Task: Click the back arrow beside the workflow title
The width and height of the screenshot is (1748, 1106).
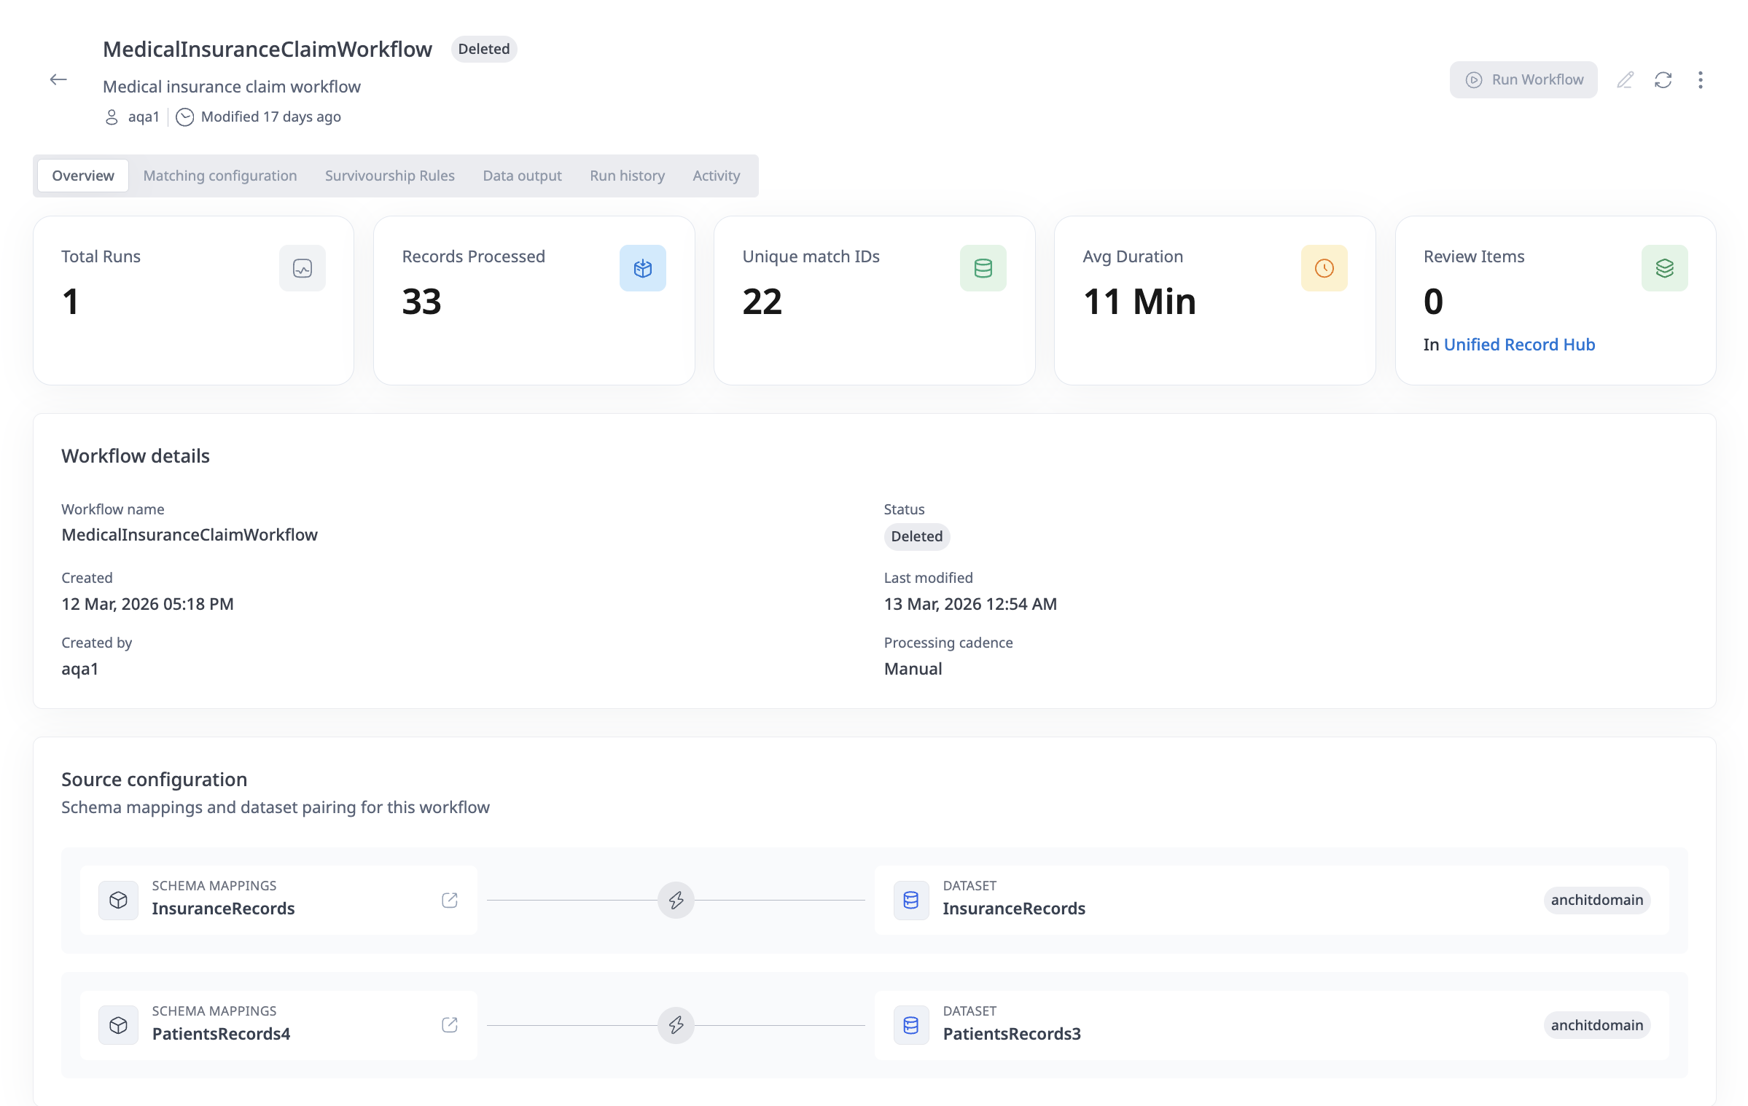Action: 58,79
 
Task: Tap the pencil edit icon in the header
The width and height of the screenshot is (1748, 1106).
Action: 1625,80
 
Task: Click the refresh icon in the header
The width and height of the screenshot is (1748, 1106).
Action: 1663,80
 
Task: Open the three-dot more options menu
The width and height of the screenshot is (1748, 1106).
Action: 1700,80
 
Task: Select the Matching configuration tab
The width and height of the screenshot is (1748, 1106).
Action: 219,176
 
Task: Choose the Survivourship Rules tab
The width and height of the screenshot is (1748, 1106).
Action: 389,176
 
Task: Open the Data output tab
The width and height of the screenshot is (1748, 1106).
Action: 522,176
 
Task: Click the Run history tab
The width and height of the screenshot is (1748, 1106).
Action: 627,176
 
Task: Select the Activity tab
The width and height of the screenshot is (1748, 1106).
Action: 716,176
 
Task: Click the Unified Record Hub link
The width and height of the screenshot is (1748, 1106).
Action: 1519,345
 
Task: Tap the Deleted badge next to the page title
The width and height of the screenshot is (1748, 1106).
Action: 483,50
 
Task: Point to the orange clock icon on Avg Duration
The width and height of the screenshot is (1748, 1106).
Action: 1324,268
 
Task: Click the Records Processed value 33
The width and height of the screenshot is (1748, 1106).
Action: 421,302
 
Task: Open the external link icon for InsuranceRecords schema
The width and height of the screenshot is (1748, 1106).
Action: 450,901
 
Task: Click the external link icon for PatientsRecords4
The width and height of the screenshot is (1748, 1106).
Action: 450,1026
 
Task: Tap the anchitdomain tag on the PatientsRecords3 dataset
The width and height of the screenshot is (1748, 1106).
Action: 1596,1026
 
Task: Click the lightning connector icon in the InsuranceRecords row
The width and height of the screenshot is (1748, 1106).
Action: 676,901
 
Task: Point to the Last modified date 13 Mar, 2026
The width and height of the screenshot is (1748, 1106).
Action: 969,604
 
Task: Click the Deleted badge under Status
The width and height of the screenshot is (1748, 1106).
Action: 916,537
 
